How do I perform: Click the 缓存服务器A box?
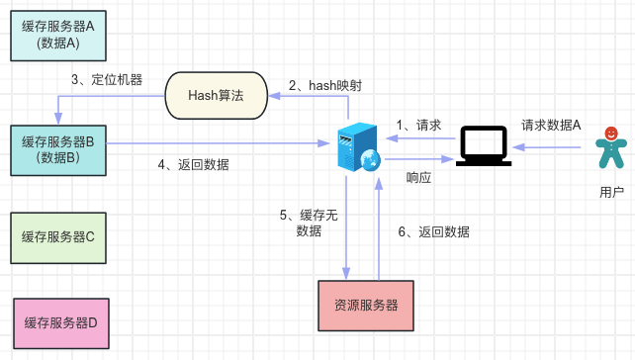point(58,36)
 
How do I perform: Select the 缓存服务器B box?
point(58,150)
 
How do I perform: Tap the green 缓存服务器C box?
point(58,237)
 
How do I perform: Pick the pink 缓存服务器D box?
point(61,323)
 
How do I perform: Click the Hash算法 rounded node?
point(217,96)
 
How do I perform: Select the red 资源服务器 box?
point(366,306)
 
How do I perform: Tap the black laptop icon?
point(484,146)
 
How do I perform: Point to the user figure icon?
point(611,147)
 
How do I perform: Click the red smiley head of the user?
point(611,133)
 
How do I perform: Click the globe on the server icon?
point(370,160)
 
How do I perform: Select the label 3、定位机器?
point(107,79)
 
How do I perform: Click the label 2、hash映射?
point(325,85)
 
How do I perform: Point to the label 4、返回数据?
point(194,165)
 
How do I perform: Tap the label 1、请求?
point(418,126)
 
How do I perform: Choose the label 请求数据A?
point(551,126)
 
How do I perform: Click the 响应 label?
point(418,177)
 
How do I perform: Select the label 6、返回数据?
point(434,231)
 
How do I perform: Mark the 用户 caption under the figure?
point(611,192)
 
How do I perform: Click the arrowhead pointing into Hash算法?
point(274,96)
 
